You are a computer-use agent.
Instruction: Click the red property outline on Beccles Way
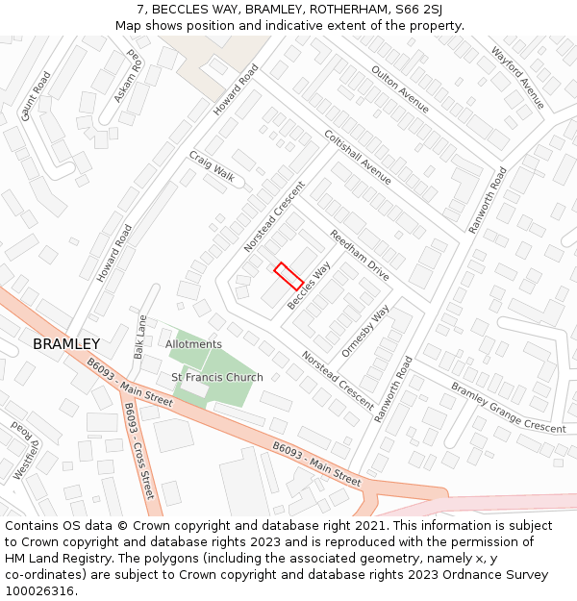pos(288,276)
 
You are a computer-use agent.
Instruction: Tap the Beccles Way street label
pos(309,285)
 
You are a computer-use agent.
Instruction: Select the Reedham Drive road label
pos(360,255)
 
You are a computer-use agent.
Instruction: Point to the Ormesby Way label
pos(366,331)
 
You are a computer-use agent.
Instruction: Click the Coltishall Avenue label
pos(358,157)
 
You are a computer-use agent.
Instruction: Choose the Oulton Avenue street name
pos(400,88)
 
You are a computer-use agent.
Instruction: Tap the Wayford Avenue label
pos(517,78)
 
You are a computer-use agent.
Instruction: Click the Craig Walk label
pos(212,165)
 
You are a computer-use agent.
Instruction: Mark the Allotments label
pos(193,344)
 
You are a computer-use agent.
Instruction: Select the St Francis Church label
pos(217,377)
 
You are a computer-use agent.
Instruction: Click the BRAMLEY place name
pos(66,344)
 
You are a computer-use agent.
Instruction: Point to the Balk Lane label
pos(140,338)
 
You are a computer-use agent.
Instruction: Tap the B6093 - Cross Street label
pos(138,450)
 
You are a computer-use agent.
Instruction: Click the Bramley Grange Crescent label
pos(509,407)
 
